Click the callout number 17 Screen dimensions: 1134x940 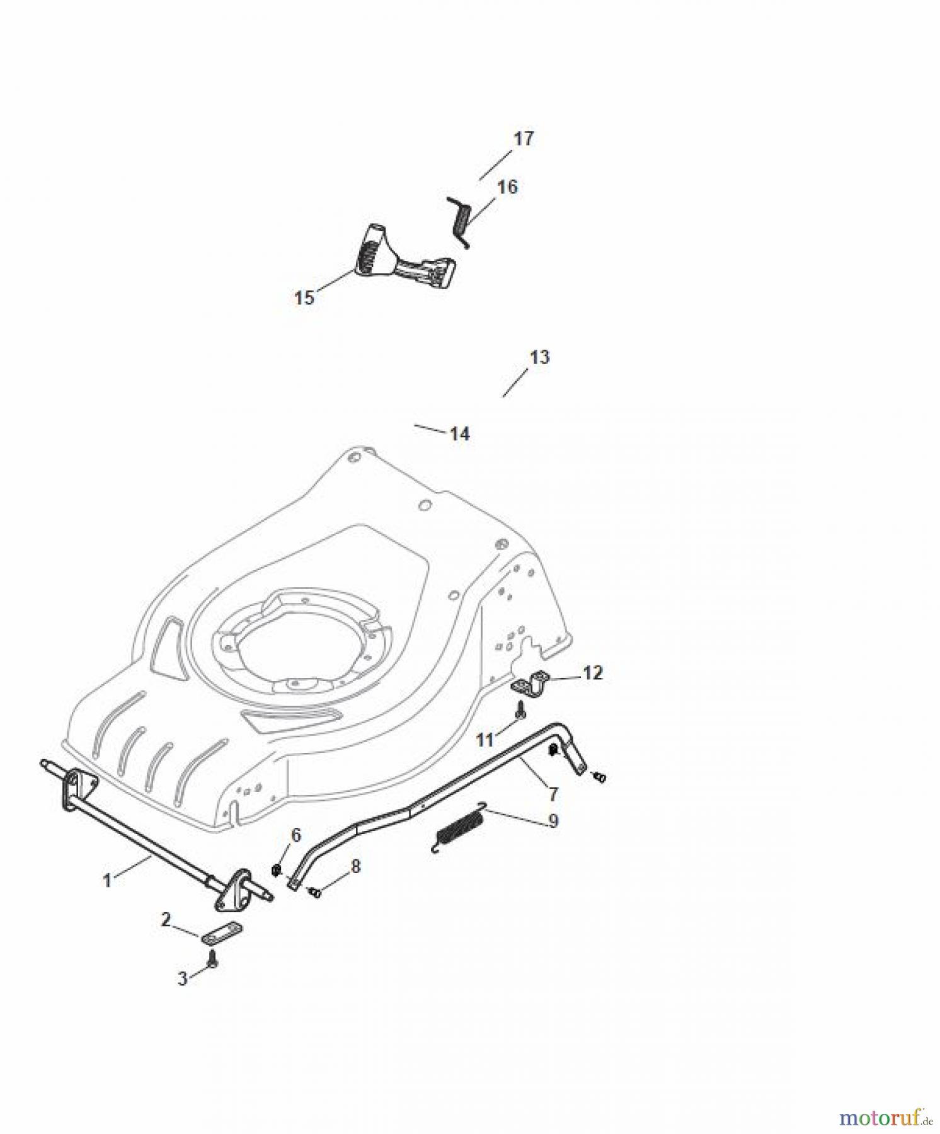[524, 138]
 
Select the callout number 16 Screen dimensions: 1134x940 [507, 187]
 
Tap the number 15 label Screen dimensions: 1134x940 [304, 297]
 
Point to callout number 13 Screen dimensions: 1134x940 [540, 357]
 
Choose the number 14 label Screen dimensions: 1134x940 [459, 433]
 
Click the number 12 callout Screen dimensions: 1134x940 [592, 673]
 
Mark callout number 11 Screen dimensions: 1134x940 [484, 740]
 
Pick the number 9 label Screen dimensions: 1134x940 [553, 820]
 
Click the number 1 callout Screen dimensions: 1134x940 [107, 880]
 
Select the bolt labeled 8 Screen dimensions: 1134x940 [315, 892]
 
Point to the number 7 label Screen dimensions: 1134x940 [553, 793]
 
